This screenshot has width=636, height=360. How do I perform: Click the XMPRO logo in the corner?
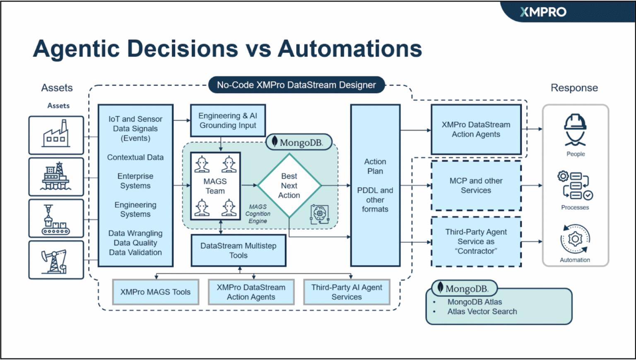coord(543,12)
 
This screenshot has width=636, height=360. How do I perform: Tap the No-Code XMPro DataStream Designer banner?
coord(296,85)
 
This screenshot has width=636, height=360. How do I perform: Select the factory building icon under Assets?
coord(56,135)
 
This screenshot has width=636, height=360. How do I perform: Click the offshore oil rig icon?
coord(56,177)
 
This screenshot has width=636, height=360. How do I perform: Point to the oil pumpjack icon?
coord(56,260)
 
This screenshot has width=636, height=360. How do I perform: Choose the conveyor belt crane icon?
coord(56,218)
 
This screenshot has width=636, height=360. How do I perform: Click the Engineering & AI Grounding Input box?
coord(228,120)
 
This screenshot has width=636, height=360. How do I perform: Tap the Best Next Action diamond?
coord(289,186)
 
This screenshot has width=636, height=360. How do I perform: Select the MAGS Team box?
coord(215,186)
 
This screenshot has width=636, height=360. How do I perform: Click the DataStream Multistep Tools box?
coord(238,250)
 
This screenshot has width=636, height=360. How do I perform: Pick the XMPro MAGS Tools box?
coord(155,292)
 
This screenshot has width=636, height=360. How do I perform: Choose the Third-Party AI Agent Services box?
coord(347,292)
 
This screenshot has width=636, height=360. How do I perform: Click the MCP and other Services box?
coord(476,186)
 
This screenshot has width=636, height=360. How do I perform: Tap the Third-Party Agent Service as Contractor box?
coord(476,242)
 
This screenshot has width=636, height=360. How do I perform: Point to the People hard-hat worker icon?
coord(575,130)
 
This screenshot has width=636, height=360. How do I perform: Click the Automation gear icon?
coord(575,239)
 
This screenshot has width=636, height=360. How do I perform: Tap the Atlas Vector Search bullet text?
coord(482,312)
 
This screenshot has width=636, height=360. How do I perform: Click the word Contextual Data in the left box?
coord(135,157)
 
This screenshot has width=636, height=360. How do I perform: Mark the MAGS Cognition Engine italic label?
coord(258,214)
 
